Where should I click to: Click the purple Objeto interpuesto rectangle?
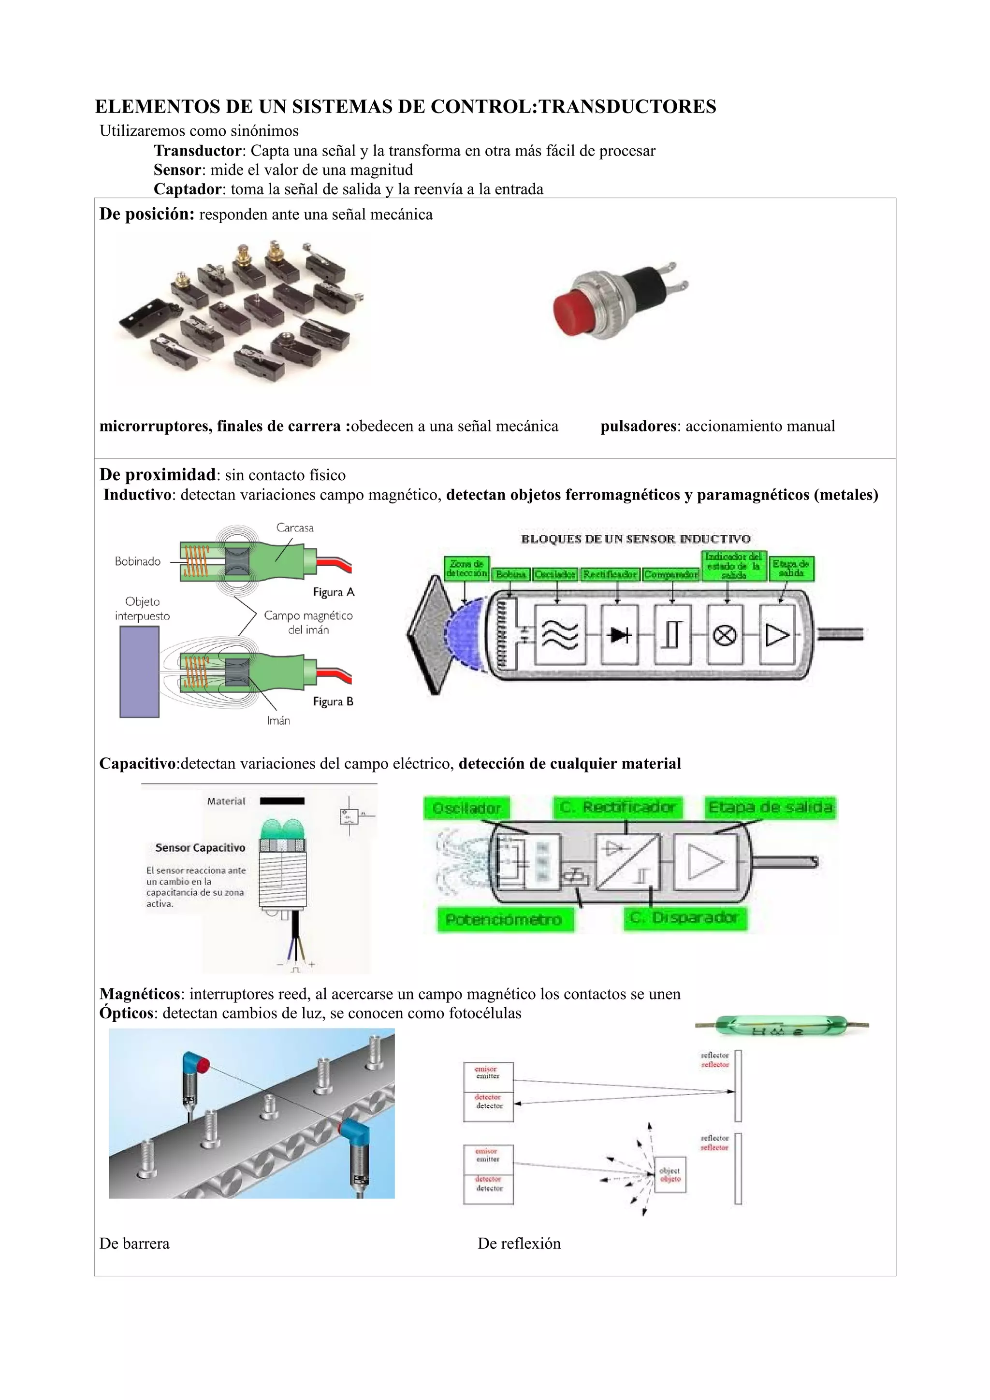click(139, 671)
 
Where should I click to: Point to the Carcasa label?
click(294, 528)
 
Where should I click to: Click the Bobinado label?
click(137, 561)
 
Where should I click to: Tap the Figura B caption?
click(333, 701)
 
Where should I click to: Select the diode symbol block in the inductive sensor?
click(619, 635)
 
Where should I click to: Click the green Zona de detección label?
click(466, 568)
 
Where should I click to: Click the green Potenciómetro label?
click(504, 919)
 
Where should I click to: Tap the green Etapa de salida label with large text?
click(770, 807)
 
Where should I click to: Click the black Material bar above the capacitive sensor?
click(282, 801)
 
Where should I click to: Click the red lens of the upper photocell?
click(203, 1065)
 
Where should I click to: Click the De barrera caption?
click(134, 1243)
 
